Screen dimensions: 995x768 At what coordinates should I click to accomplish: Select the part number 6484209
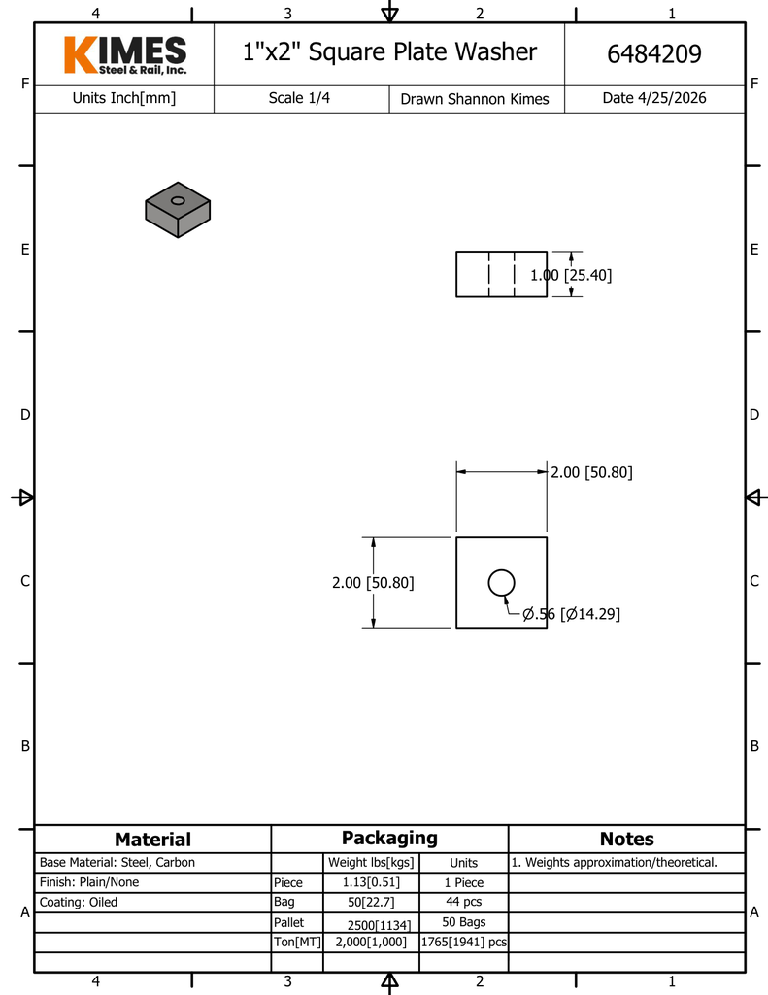click(653, 54)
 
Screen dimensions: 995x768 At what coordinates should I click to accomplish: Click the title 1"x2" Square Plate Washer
click(388, 51)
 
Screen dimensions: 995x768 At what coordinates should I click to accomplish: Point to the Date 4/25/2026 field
click(653, 98)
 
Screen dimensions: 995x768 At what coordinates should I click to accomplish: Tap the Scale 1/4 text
click(299, 98)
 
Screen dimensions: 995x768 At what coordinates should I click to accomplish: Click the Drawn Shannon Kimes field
click(475, 99)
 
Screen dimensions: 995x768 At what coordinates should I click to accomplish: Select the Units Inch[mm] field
click(124, 98)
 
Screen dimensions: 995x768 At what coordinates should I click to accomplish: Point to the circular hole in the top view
click(501, 582)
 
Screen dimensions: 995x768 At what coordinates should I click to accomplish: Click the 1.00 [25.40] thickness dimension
click(571, 275)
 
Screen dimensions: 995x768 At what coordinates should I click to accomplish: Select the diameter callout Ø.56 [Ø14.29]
click(571, 614)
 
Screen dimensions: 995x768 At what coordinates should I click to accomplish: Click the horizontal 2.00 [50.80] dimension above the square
click(591, 472)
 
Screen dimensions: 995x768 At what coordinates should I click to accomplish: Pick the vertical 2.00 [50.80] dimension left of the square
click(373, 583)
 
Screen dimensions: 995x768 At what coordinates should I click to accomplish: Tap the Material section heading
click(152, 840)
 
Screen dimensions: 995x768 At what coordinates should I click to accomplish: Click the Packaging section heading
click(389, 838)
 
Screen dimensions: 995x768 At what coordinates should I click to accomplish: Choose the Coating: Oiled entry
click(79, 902)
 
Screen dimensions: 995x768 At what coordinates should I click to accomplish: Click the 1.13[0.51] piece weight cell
click(371, 882)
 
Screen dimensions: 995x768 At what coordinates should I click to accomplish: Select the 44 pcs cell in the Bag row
click(463, 902)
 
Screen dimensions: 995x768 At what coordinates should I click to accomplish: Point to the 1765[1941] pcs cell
click(463, 942)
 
